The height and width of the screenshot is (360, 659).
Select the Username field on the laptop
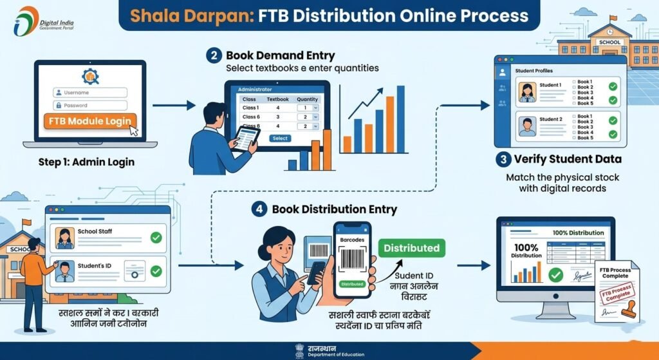point(91,93)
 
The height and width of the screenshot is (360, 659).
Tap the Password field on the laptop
point(91,105)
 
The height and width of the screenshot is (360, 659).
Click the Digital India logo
point(27,21)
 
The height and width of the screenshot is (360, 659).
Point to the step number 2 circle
point(214,56)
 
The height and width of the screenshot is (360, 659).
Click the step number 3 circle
point(502,159)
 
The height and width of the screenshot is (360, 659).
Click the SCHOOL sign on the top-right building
point(609,43)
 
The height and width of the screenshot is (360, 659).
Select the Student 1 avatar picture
point(527,91)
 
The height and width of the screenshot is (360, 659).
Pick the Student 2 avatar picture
point(527,125)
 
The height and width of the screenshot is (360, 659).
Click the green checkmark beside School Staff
point(155,238)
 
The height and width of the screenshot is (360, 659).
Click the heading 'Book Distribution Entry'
point(334,209)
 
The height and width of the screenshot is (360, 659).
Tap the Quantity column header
point(308,99)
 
